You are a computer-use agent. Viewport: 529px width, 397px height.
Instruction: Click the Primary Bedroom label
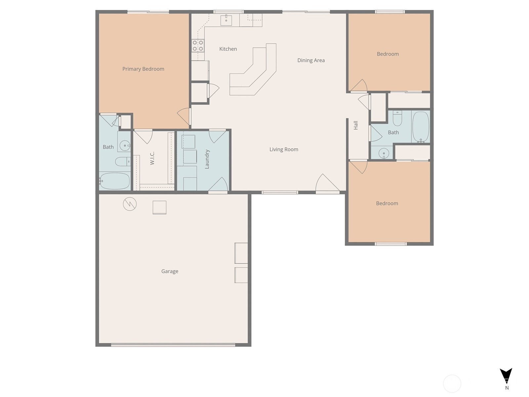[x=143, y=69]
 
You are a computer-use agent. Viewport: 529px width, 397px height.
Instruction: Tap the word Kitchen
[x=228, y=49]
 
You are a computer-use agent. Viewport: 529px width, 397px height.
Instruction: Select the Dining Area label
[x=311, y=60]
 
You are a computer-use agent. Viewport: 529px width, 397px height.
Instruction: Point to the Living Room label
[x=284, y=150]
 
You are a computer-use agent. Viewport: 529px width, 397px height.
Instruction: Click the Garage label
[x=170, y=271]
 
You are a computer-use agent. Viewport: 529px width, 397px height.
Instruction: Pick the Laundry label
[x=207, y=159]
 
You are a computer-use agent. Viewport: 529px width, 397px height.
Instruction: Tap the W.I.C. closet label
[x=152, y=158]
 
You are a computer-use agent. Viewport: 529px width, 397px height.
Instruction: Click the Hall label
[x=356, y=125]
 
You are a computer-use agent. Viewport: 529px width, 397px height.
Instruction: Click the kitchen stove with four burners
[x=198, y=46]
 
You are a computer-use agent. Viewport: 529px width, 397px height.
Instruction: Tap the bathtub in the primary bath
[x=114, y=181]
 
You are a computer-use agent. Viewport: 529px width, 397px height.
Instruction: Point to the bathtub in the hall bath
[x=421, y=127]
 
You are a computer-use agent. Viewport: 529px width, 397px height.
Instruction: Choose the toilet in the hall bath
[x=397, y=118]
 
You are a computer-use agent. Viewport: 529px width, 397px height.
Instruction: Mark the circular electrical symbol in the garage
[x=130, y=204]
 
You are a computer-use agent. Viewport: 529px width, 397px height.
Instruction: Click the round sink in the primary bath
[x=125, y=146]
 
